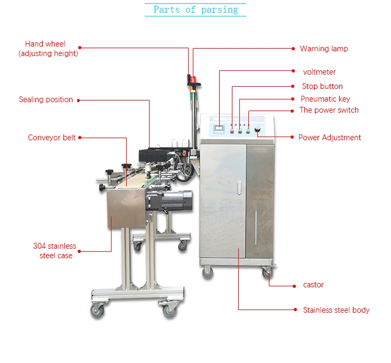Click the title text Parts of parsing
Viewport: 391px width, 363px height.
pos(195,10)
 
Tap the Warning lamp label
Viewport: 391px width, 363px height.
pos(324,49)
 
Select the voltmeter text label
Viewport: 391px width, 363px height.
pos(319,72)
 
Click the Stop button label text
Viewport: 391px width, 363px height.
pos(322,86)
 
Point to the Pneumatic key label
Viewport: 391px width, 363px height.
pos(325,99)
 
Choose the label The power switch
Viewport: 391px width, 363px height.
pos(329,110)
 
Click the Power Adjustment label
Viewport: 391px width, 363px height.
pos(330,138)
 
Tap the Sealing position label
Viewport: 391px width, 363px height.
pos(46,99)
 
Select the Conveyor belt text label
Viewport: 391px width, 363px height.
pos(52,138)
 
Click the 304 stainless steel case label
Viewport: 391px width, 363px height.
pos(55,251)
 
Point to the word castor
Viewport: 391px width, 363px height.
pos(313,285)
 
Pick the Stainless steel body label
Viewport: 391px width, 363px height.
pos(336,310)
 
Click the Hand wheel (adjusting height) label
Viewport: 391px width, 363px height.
pos(48,49)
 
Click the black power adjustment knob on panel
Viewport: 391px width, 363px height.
pos(258,130)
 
